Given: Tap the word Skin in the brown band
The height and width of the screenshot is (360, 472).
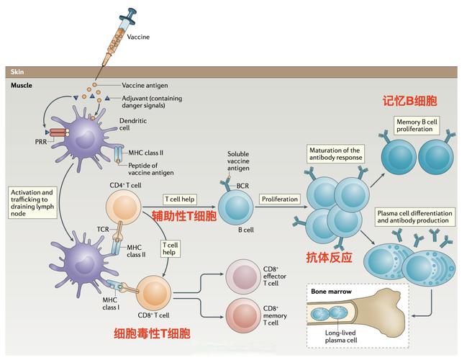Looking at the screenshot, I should tap(18, 72).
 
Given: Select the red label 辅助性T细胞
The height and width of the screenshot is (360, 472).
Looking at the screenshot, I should tap(183, 215).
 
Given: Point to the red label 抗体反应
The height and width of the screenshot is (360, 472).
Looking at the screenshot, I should tap(329, 257).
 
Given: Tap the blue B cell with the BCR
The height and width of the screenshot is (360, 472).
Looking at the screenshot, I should tap(235, 208).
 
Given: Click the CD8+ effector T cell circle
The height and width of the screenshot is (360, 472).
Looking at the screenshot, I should tap(245, 275).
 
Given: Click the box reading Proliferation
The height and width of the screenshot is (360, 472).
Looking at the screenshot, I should tap(280, 199).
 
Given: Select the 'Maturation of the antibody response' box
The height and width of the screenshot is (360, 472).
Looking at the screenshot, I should tap(335, 153).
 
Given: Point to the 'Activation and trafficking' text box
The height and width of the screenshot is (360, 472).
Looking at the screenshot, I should tap(32, 202).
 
